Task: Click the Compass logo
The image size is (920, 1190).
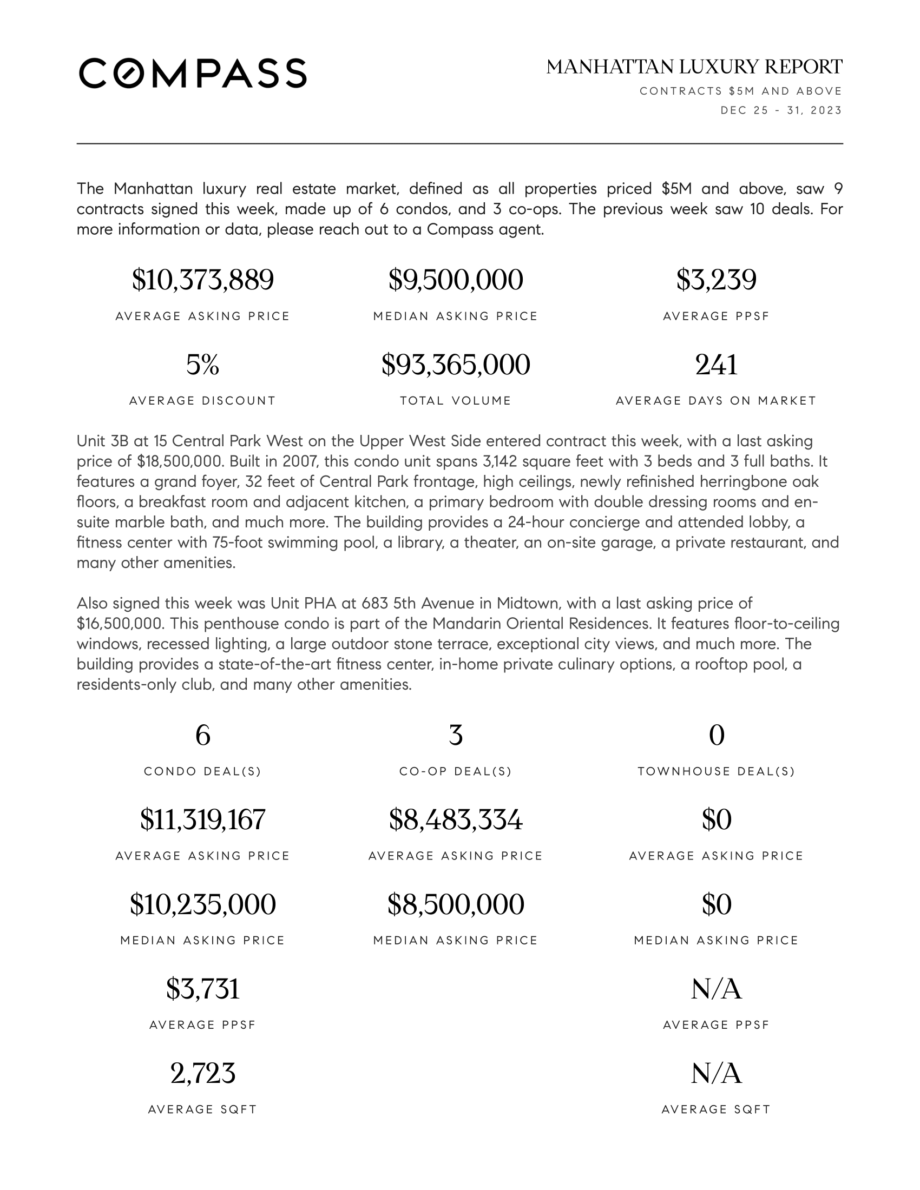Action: point(193,73)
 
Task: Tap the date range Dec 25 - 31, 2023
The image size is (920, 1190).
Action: point(781,110)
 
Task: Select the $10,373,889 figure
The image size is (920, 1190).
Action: point(203,280)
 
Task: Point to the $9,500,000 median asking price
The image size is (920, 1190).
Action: point(456,280)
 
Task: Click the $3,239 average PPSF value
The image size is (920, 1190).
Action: point(716,280)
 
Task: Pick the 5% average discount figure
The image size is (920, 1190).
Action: point(203,365)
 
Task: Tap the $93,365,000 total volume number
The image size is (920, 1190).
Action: point(456,365)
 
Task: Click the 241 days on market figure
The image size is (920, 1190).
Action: point(716,365)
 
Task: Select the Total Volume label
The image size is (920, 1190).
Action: point(456,401)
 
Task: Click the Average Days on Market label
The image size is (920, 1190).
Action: point(716,401)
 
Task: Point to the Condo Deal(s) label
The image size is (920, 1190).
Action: point(203,771)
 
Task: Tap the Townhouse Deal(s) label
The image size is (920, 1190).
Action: point(716,771)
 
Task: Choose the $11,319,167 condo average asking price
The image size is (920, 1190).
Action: point(203,819)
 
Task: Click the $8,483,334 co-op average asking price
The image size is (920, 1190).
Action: point(456,819)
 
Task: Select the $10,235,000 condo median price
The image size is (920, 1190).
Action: point(203,904)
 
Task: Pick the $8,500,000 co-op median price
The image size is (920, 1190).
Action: point(456,904)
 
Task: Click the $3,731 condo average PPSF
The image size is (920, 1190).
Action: point(203,989)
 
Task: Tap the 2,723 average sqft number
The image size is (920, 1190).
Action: point(203,1073)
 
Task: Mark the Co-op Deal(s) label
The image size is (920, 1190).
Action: point(456,771)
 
